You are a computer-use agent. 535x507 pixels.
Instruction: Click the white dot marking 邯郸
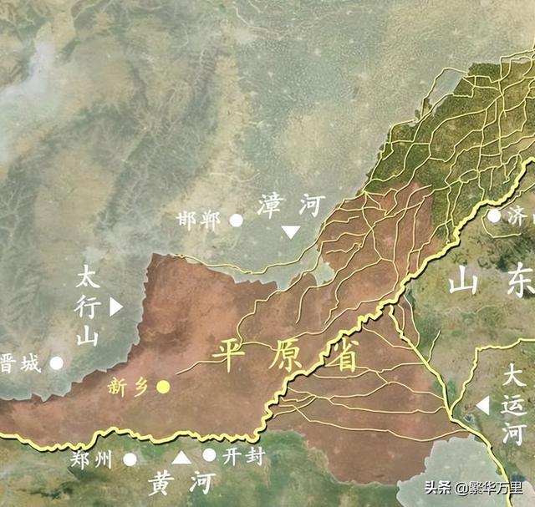pos(237,221)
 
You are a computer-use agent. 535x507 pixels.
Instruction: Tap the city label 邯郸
pos(199,221)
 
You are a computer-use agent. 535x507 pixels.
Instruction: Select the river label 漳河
pos(289,203)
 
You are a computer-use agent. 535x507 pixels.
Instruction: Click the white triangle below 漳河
pos(290,231)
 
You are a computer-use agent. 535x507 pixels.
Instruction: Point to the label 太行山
pos(88,307)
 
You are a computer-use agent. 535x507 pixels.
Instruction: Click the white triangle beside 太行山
pos(115,307)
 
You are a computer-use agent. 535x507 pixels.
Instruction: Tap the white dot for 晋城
pos(56,363)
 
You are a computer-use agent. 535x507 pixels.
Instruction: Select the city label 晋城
pos(20,363)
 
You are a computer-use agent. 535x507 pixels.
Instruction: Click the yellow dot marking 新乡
pos(164,386)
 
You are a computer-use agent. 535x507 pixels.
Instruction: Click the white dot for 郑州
pos(130,459)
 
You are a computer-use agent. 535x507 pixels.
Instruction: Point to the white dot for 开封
pos(209,455)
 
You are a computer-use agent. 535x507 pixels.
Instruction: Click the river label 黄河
pos(181,483)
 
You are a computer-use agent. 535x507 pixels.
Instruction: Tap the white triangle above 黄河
pos(181,457)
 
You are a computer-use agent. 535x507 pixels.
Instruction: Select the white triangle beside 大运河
pos(482,406)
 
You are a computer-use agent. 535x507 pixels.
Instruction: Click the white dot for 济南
pos(494,215)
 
